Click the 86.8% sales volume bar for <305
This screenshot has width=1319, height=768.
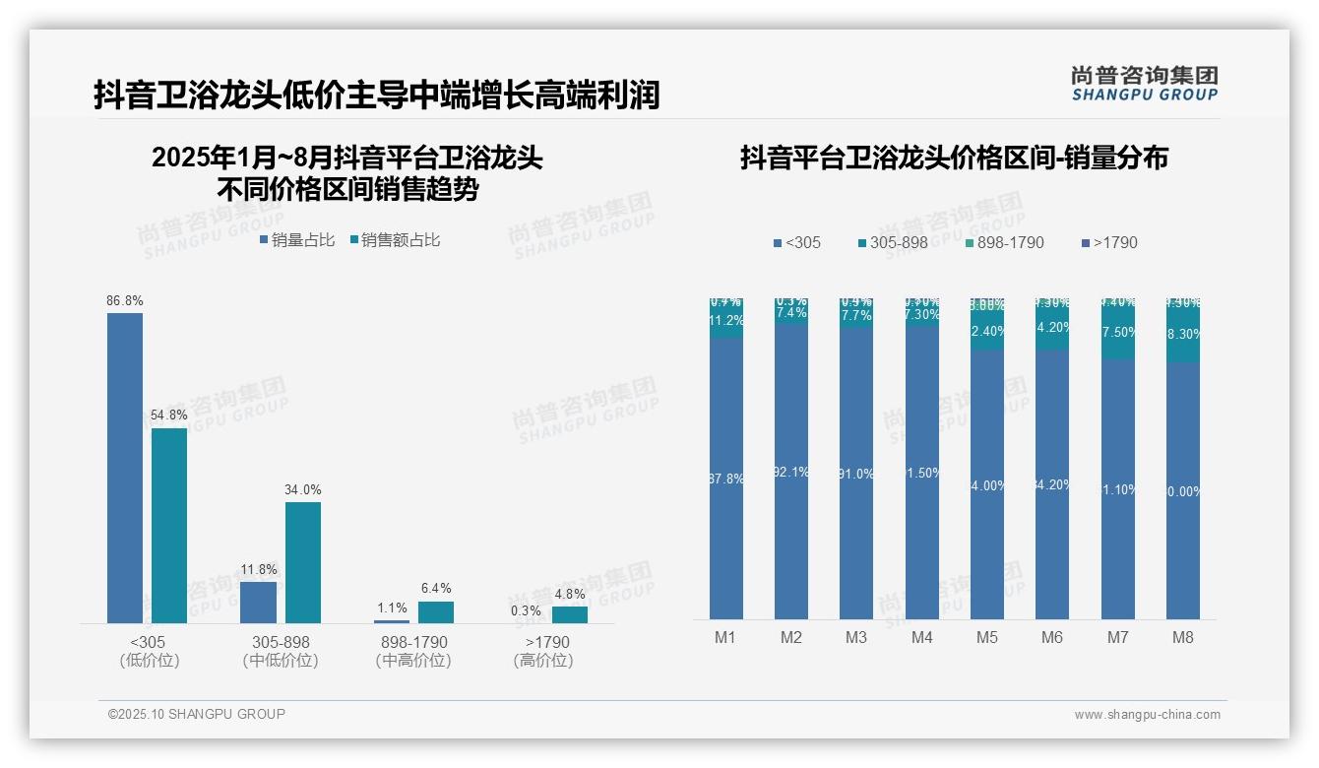[125, 468]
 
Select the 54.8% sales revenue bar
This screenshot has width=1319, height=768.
[169, 525]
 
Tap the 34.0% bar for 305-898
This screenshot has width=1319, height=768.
[303, 562]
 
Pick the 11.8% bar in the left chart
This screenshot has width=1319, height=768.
[258, 602]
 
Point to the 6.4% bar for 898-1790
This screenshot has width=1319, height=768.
[436, 611]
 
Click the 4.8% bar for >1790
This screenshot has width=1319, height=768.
[570, 614]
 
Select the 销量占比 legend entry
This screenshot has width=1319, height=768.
[297, 240]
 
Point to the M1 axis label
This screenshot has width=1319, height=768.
[725, 637]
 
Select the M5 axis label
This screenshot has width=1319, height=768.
[987, 637]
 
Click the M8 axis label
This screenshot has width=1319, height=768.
[1183, 637]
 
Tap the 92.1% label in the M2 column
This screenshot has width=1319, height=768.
[791, 473]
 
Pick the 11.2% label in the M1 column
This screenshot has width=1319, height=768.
[726, 321]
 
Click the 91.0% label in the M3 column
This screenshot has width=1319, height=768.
[856, 474]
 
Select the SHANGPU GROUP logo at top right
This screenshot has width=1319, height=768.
[1145, 84]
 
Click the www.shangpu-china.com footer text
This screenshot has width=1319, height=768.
[1147, 715]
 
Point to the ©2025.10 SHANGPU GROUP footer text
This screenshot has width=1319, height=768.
[197, 714]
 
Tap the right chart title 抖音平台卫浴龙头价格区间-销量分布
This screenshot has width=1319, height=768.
[954, 159]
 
